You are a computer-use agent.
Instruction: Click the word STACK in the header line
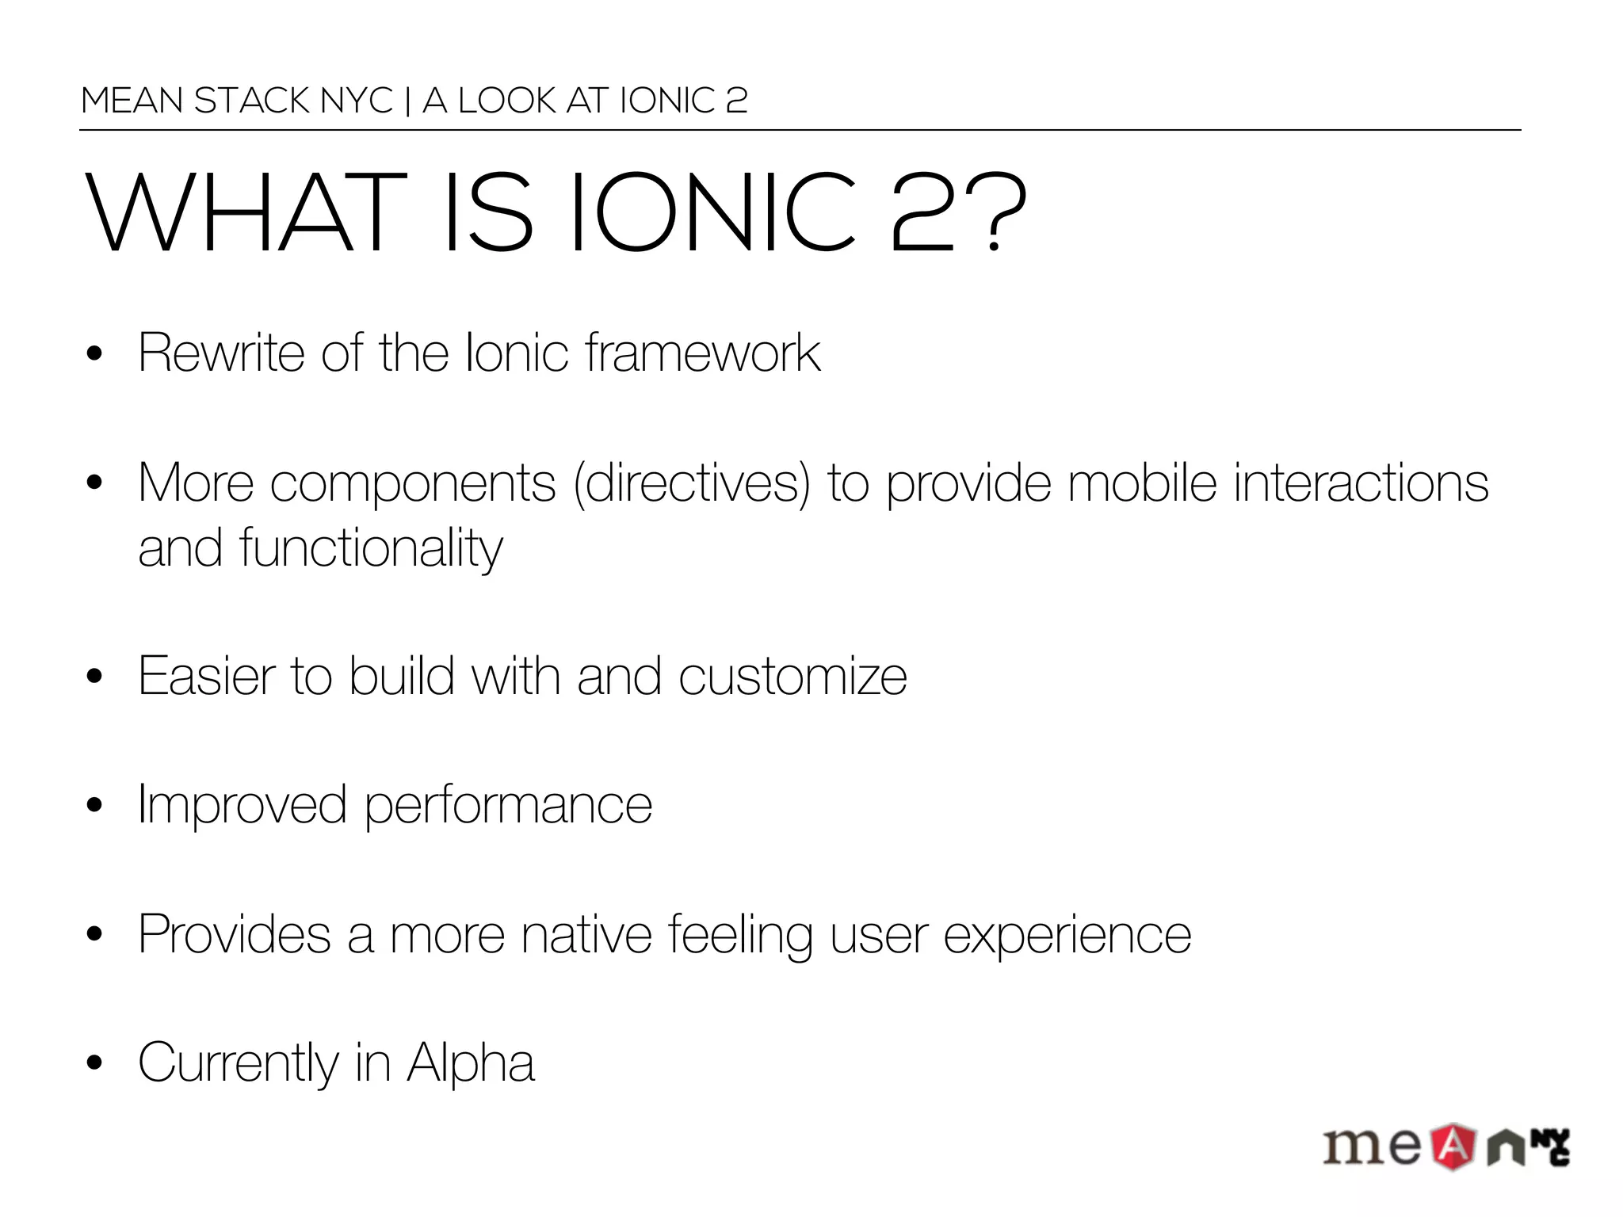[x=252, y=101]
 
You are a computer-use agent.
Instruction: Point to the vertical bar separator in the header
[x=407, y=101]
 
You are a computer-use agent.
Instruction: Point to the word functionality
[x=371, y=548]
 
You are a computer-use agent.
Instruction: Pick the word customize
[x=792, y=677]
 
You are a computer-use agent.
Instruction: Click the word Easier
[x=208, y=677]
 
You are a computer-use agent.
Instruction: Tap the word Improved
[x=242, y=806]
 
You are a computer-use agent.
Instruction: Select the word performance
[x=508, y=806]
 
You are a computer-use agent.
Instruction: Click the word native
[x=586, y=935]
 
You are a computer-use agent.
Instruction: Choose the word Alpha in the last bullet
[x=471, y=1063]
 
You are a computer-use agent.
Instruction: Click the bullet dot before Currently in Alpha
[x=95, y=1063]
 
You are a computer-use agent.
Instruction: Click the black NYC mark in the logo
[x=1550, y=1146]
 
